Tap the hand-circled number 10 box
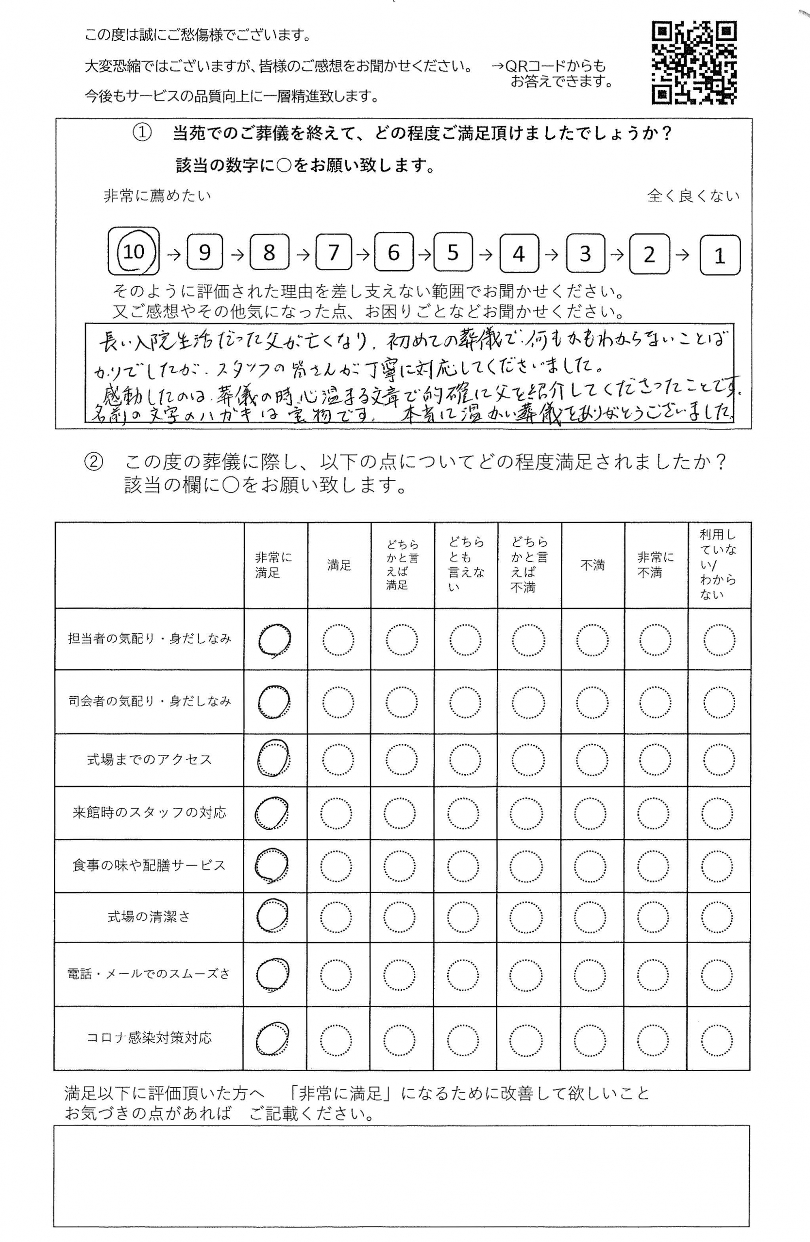134,251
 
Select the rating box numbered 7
333,253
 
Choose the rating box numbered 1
719,255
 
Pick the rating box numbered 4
519,254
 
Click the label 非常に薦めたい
157,196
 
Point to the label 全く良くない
693,196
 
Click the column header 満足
339,565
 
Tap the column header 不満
593,565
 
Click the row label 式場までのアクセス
150,759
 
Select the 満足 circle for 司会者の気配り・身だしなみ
338,702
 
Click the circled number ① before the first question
142,134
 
